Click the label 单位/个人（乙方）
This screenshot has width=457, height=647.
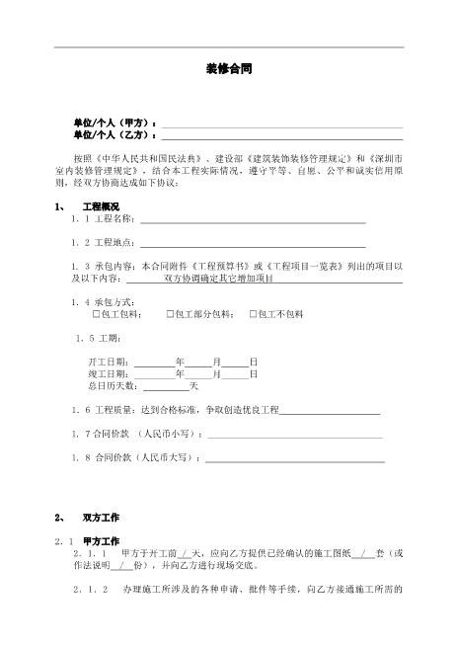109,134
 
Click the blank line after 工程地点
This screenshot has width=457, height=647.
253,242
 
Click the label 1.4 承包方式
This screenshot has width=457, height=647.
104,301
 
